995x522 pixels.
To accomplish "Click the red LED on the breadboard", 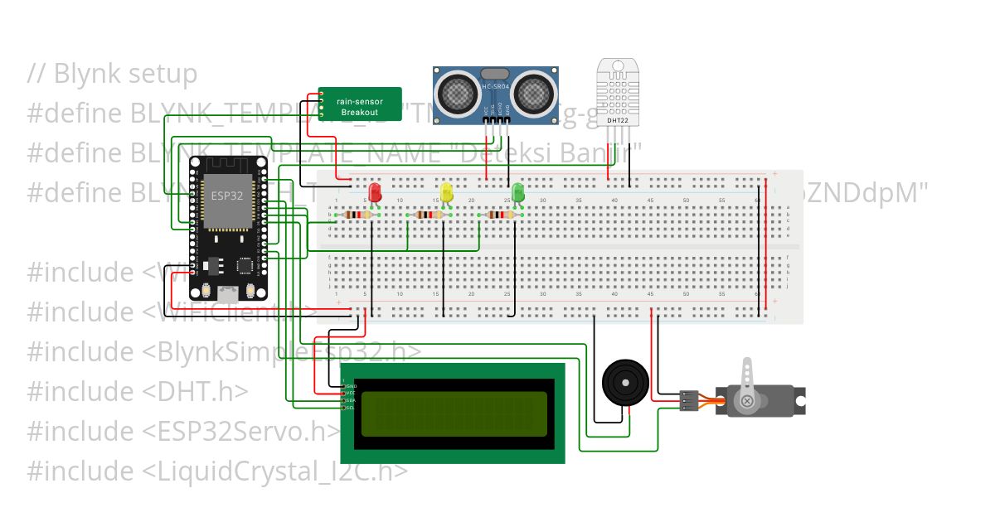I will point(375,192).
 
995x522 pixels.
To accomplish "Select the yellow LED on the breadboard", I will point(447,192).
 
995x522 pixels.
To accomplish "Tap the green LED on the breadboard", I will point(518,192).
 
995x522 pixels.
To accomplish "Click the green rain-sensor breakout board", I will point(361,104).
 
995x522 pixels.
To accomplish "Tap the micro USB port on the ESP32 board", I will point(226,293).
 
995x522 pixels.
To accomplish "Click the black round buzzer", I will point(623,382).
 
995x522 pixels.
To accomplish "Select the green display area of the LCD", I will point(454,413).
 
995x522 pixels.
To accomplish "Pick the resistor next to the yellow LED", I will point(428,215).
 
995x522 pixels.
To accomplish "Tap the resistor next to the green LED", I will point(499,215).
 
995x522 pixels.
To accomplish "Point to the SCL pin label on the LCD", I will point(350,407).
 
